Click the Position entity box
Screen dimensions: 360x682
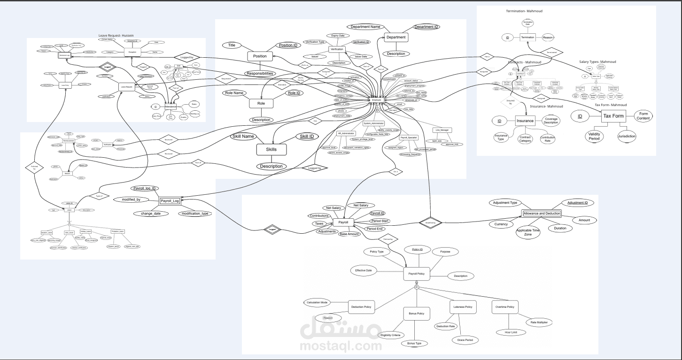coord(260,56)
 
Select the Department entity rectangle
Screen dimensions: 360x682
coord(396,37)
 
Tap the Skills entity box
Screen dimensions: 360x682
coord(271,149)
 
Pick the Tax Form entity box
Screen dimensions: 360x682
coord(613,115)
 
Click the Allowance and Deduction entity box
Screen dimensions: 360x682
coord(542,214)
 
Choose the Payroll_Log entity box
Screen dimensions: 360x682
coord(170,201)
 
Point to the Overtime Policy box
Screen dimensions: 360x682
coord(504,307)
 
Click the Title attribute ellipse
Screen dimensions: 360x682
coord(232,45)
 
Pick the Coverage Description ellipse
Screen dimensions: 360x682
coord(551,121)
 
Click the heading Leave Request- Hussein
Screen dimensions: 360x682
coord(116,35)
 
